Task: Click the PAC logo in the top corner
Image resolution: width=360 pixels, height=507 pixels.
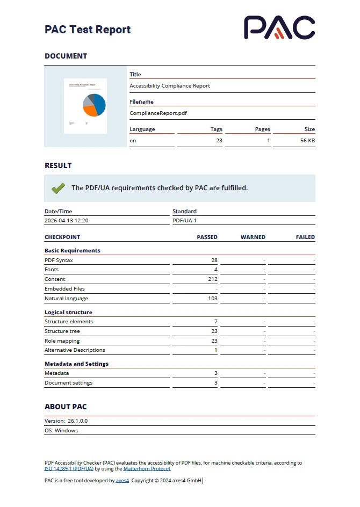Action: point(279,27)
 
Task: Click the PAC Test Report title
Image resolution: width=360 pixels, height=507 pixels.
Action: point(88,30)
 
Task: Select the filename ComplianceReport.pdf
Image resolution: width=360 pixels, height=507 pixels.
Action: point(158,113)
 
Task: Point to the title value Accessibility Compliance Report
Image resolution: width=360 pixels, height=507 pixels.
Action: point(170,86)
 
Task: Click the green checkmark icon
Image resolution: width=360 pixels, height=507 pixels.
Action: point(58,188)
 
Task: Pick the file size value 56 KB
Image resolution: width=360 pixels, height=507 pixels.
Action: point(307,141)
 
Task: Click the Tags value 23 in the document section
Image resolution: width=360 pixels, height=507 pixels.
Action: point(219,141)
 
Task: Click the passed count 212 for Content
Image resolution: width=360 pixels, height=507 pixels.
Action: point(212,279)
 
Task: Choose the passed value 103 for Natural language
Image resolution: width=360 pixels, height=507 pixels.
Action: point(212,299)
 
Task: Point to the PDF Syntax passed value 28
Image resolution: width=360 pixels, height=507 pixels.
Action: point(214,260)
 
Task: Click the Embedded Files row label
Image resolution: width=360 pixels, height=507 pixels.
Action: point(64,289)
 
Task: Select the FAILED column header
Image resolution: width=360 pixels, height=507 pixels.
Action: point(305,237)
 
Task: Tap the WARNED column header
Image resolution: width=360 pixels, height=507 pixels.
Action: point(253,237)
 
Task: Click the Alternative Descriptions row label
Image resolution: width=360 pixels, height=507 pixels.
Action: point(75,350)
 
